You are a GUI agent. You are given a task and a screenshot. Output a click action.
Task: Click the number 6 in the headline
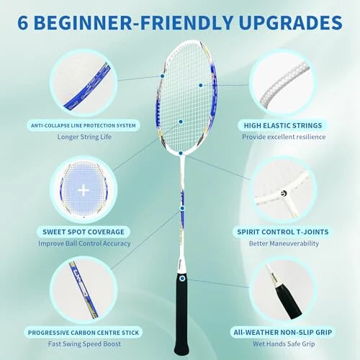coord(24,22)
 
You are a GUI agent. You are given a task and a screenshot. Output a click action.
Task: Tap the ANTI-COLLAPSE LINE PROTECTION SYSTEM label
coord(83,125)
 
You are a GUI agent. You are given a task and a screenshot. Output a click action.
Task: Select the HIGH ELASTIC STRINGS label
coord(281,125)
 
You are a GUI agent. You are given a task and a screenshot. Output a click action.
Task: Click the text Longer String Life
coord(84,137)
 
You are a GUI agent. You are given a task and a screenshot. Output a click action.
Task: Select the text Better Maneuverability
coord(282,243)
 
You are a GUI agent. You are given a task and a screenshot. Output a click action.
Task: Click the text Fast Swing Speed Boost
coord(83,344)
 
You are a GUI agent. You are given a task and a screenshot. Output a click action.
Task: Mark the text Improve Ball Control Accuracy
coord(84,243)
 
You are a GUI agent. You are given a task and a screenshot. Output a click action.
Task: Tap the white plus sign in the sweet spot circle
coord(84,190)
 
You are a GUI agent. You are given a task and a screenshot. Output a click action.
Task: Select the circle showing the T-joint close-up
coord(282,189)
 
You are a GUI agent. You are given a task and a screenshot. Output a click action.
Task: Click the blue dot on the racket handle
coord(181,277)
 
